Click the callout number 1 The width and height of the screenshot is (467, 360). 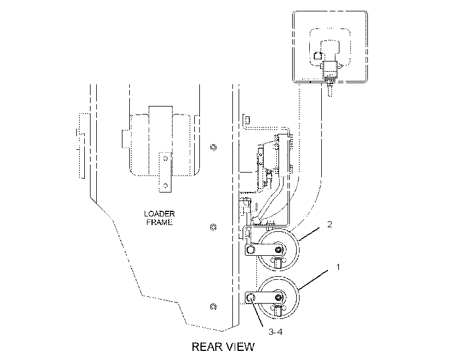pyautogui.click(x=338, y=267)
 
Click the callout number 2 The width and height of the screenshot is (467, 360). pyautogui.click(x=329, y=224)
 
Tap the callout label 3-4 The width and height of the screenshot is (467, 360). pyautogui.click(x=275, y=332)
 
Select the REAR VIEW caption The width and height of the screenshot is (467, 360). pyautogui.click(x=223, y=347)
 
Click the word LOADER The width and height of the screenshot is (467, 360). pyautogui.click(x=159, y=214)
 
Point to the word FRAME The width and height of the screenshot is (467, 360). pyautogui.click(x=159, y=222)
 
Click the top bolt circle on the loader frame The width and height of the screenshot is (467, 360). pyautogui.click(x=213, y=147)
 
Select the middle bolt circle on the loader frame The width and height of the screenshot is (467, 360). pyautogui.click(x=213, y=227)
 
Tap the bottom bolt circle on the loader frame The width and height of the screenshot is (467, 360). pyautogui.click(x=213, y=306)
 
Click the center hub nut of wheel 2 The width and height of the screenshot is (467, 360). pyautogui.click(x=278, y=249)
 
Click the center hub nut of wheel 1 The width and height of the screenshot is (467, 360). pyautogui.click(x=278, y=297)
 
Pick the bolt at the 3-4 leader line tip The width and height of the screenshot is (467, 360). pyautogui.click(x=251, y=297)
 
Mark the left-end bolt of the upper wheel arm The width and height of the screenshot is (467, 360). pyautogui.click(x=251, y=249)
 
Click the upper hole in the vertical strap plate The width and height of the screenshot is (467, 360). pyautogui.click(x=166, y=158)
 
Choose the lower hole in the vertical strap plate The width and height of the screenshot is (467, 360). pyautogui.click(x=166, y=186)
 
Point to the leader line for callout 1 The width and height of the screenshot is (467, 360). pyautogui.click(x=313, y=280)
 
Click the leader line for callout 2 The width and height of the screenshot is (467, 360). pyautogui.click(x=309, y=234)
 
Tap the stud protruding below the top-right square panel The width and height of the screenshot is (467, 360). pyautogui.click(x=330, y=89)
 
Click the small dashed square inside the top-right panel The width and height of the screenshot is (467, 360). pyautogui.click(x=318, y=56)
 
